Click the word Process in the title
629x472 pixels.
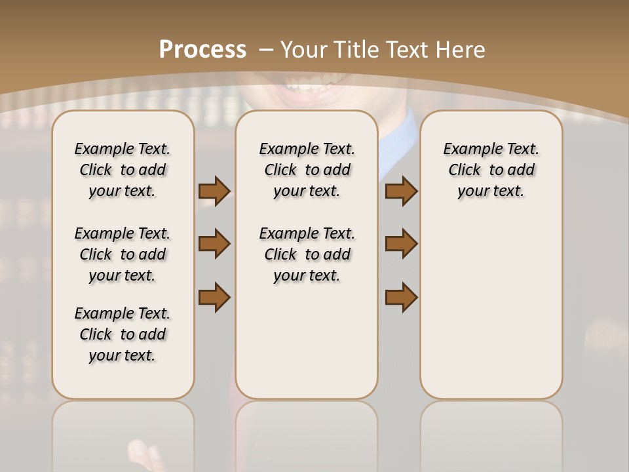[202, 49]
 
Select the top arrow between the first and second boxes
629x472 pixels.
[214, 191]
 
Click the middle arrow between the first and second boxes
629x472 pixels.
[214, 244]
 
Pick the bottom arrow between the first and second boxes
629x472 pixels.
[214, 297]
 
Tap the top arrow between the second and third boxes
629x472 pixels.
[401, 191]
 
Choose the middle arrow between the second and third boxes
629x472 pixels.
[401, 244]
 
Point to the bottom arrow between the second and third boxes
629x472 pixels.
[401, 297]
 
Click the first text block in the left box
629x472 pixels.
[123, 170]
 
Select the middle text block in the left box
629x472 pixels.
[123, 254]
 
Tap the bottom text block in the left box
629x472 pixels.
[123, 334]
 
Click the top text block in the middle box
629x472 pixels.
[307, 170]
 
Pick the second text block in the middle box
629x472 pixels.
[307, 254]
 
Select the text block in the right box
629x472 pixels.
[491, 170]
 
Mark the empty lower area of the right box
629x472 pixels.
[491, 308]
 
